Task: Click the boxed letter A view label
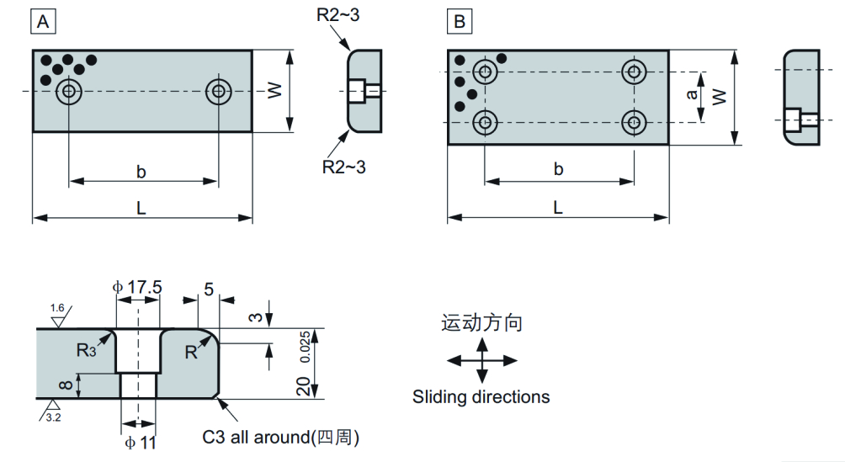pos(45,22)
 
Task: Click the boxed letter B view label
pos(460,22)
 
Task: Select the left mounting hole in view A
pos(68,92)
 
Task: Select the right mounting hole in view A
pos(219,91)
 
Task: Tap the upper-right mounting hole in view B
pos(633,72)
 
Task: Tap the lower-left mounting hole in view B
pos(484,123)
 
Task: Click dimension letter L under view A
pos(141,207)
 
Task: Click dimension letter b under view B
pos(558,169)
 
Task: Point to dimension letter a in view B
pos(692,96)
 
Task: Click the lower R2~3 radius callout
pos(344,166)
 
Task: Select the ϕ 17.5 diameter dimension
pos(137,287)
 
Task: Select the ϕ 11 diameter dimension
pos(139,442)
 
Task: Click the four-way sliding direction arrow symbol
pos(481,360)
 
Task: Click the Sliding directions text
pos(481,396)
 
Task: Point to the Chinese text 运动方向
pos(481,323)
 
